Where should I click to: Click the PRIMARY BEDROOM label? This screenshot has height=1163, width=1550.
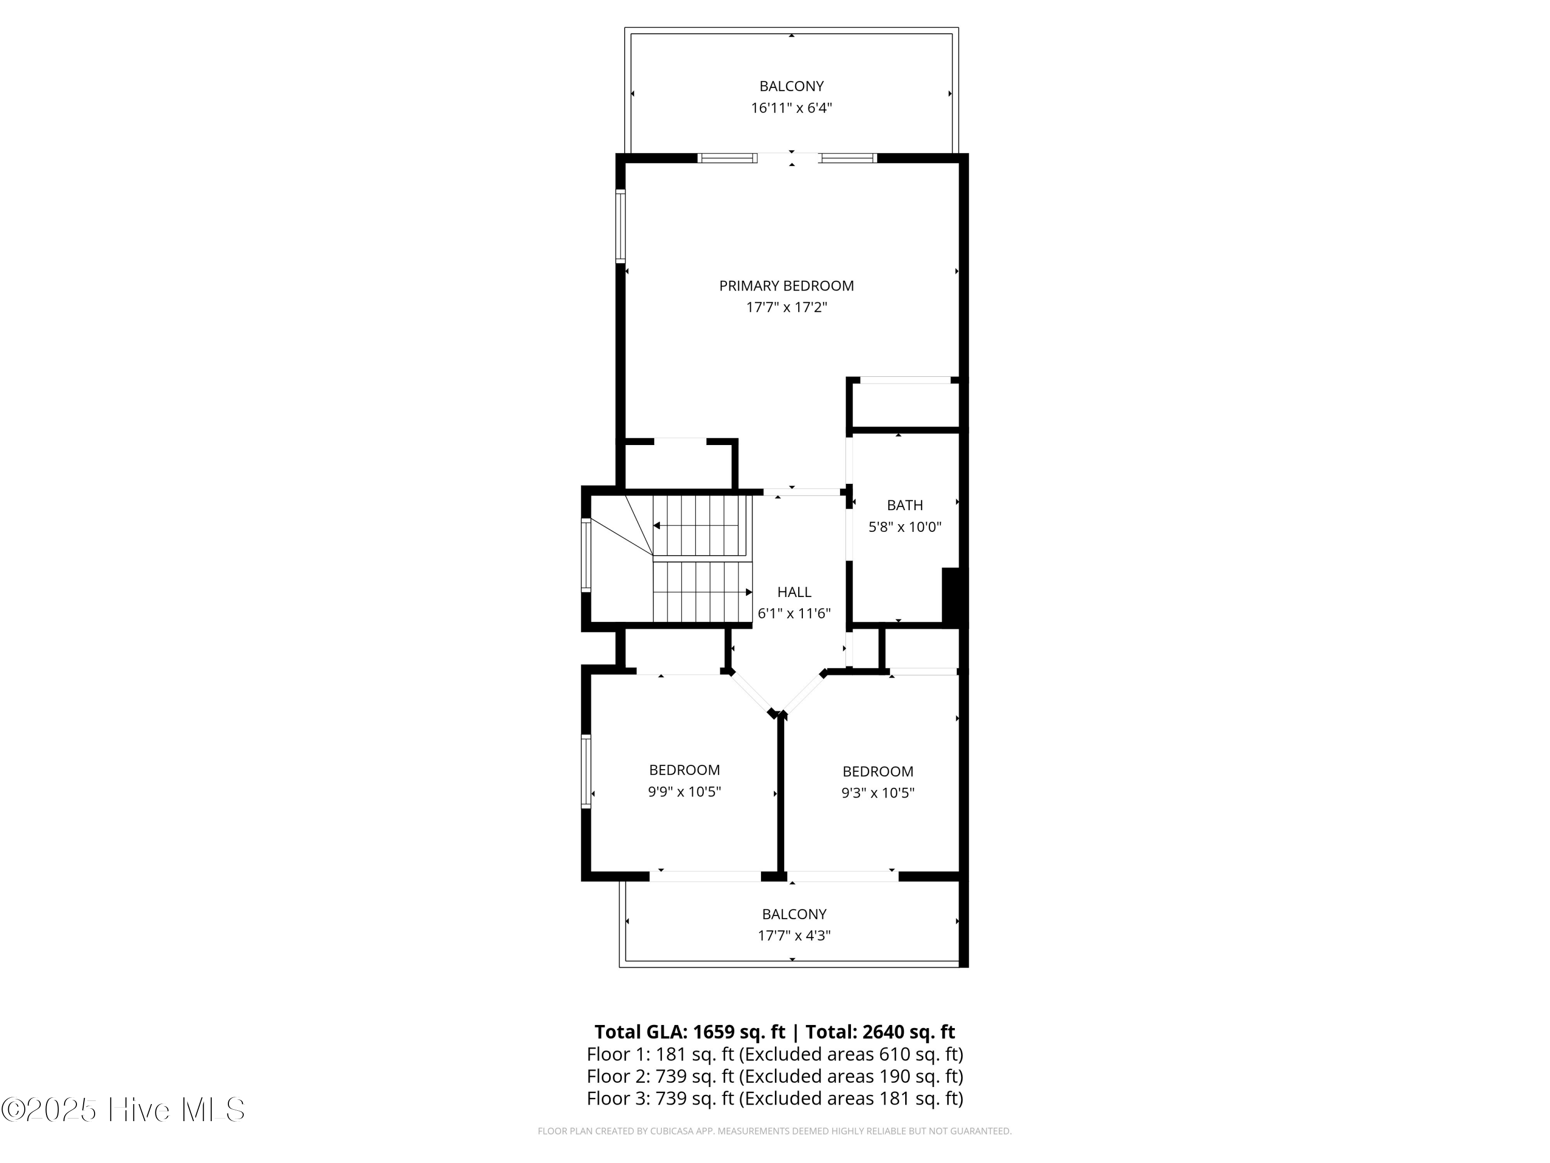tap(786, 285)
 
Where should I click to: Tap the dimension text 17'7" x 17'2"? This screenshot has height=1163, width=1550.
tap(786, 307)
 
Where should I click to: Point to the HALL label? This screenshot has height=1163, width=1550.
tap(794, 592)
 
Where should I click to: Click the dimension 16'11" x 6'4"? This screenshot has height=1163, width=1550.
tap(791, 108)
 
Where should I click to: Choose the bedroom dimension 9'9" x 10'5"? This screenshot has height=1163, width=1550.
tap(684, 791)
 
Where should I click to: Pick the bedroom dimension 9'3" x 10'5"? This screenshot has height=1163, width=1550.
tap(877, 793)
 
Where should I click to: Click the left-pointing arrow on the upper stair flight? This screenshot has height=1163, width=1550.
tap(657, 526)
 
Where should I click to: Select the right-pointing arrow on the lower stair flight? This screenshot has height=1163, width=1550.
tap(748, 592)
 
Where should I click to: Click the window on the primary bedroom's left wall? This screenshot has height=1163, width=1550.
tap(620, 226)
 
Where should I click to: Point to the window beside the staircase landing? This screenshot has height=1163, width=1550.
tap(586, 555)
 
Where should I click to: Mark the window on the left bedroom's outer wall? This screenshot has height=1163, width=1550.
tap(586, 771)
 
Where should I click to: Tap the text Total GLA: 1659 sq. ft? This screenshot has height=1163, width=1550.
tap(690, 1032)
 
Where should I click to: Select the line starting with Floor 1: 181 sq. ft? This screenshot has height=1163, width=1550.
tap(774, 1054)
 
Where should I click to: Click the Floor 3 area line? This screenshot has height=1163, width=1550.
tap(774, 1098)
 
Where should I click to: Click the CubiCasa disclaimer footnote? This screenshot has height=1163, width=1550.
tap(774, 1131)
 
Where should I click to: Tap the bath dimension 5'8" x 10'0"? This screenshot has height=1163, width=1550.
tap(905, 527)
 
